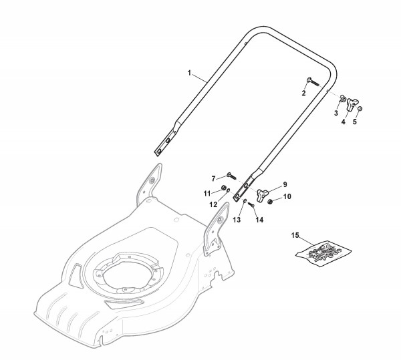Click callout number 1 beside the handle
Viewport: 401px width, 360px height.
pyautogui.click(x=189, y=71)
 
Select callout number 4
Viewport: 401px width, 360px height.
pyautogui.click(x=343, y=122)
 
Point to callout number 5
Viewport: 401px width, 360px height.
pyautogui.click(x=355, y=122)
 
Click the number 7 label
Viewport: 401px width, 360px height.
pyautogui.click(x=213, y=178)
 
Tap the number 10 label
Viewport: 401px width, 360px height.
pyautogui.click(x=288, y=196)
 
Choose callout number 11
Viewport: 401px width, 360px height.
pyautogui.click(x=207, y=193)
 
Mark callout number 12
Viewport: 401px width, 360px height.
pyautogui.click(x=214, y=204)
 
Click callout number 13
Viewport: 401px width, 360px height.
pyautogui.click(x=236, y=220)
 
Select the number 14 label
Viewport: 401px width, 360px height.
pyautogui.click(x=259, y=220)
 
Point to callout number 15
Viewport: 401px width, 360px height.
pyautogui.click(x=295, y=235)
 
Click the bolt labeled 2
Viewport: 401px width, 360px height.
pyautogui.click(x=311, y=81)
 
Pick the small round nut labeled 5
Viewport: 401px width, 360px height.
pyautogui.click(x=360, y=110)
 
